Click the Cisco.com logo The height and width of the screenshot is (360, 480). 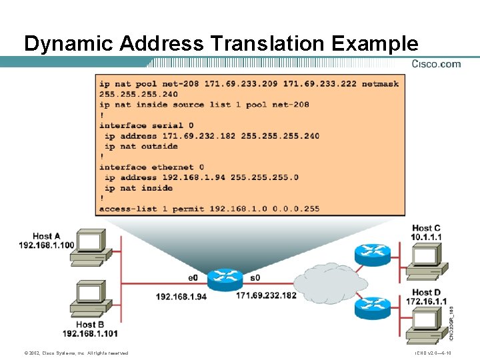coord(436,64)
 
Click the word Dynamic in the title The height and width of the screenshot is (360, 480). coord(70,44)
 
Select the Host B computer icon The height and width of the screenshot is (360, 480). coord(87,300)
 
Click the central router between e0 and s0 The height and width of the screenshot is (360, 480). coord(225,279)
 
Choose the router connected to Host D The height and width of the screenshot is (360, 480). coord(371,307)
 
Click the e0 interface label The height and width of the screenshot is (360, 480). coord(193,277)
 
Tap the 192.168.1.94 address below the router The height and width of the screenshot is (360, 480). coord(181,296)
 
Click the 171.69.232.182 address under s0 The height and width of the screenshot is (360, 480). coord(266,295)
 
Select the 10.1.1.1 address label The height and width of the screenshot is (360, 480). coord(426,237)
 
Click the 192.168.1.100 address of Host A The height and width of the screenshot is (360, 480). coord(47,245)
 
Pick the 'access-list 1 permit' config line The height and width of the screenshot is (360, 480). coord(209,209)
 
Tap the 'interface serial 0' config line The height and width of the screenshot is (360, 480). coord(146,125)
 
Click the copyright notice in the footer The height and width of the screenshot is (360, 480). coord(75,353)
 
